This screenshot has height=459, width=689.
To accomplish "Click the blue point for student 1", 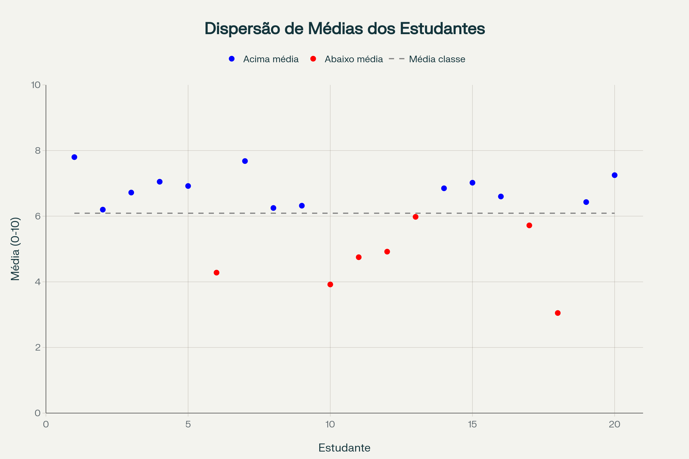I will pos(74,157).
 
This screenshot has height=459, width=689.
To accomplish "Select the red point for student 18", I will pos(558,313).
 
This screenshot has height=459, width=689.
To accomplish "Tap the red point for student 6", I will pos(216,273).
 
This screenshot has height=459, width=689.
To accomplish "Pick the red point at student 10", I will pos(330,285).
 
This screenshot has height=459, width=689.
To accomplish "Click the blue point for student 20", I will pos(615,175).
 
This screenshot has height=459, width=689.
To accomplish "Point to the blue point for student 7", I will pos(245,161).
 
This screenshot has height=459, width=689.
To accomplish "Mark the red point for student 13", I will pos(415,217).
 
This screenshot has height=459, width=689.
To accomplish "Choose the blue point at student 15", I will pos(472,183).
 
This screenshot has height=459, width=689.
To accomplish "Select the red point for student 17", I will pos(529,225).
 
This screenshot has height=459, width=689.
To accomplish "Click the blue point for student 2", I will pos(103,210).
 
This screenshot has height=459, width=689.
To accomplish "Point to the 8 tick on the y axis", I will pos(38,150).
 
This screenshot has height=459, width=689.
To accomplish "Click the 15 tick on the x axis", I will pos(472,424).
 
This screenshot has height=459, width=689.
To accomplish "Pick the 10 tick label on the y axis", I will pos(36,85).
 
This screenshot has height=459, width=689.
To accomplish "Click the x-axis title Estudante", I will pos(344,448).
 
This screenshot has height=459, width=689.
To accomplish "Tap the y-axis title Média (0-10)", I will pos(15,249).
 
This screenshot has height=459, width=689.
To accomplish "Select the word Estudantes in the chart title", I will pos(442,29).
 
